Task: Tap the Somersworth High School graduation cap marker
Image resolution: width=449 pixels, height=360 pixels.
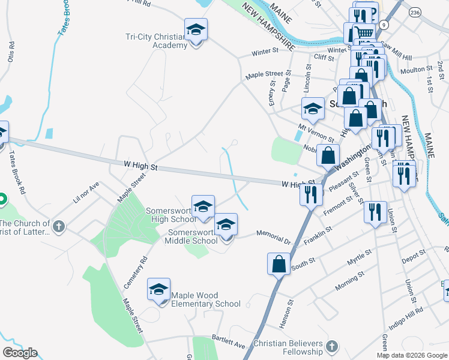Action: coord(203,206)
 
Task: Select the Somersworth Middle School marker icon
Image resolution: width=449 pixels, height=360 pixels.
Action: coord(226,225)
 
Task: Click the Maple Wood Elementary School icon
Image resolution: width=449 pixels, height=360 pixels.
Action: coord(159,290)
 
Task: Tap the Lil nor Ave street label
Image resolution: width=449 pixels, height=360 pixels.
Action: coord(85,193)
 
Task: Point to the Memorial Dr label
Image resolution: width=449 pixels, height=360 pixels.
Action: coord(273,236)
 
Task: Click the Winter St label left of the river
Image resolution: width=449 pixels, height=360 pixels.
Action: coord(262,52)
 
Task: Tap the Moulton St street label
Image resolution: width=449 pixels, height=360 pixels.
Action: coord(412,70)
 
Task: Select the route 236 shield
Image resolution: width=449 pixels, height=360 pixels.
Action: coord(415,12)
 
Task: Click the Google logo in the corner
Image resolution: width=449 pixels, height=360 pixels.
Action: coord(20,353)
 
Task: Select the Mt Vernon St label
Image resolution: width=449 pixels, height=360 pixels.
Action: coord(316,133)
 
